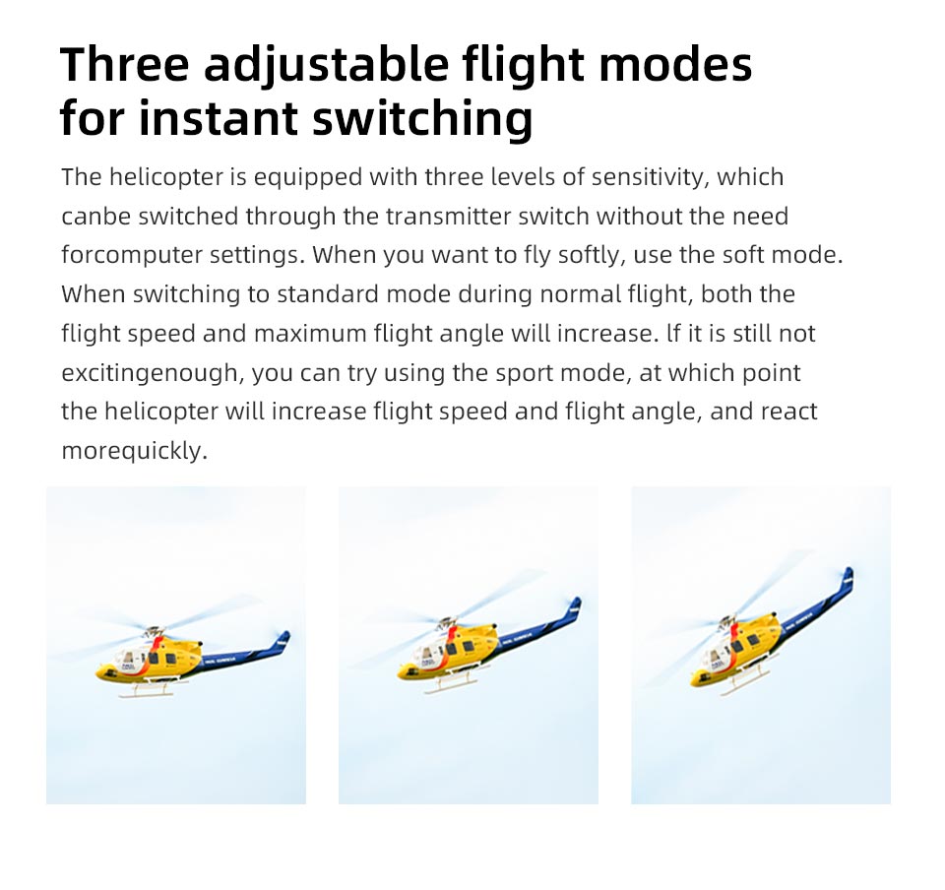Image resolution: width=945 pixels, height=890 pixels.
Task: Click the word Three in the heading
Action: click(125, 64)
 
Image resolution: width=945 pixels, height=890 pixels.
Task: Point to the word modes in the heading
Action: click(675, 64)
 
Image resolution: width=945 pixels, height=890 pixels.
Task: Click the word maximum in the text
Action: click(310, 334)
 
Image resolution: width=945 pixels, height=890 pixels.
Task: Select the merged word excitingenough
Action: click(153, 373)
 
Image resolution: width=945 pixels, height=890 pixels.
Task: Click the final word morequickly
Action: click(135, 451)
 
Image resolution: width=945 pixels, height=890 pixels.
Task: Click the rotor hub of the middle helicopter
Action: click(447, 622)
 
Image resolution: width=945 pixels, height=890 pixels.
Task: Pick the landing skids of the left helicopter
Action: click(149, 689)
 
